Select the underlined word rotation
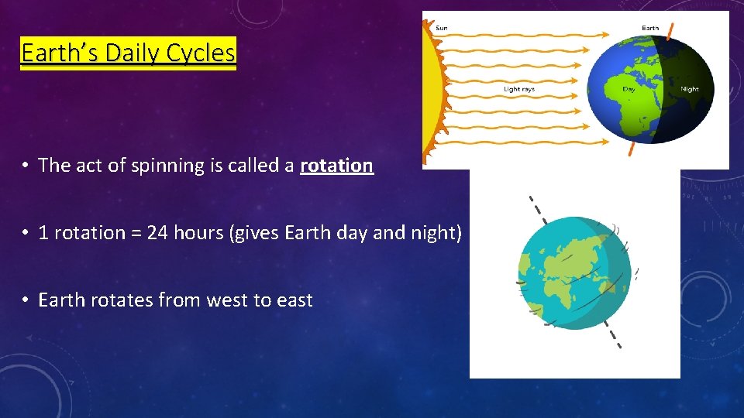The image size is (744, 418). point(337,165)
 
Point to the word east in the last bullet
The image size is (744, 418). point(292,300)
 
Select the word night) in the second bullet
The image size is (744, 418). point(436,232)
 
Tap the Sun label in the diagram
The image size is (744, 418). point(441,28)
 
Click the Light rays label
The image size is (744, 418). point(519,89)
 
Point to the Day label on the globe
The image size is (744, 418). point(629,89)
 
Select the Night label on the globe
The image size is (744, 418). point(689,89)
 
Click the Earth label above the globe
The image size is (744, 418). point(650,28)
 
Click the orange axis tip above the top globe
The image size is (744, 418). point(670,31)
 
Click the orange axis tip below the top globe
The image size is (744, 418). point(630,149)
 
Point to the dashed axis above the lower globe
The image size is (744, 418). point(535,207)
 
